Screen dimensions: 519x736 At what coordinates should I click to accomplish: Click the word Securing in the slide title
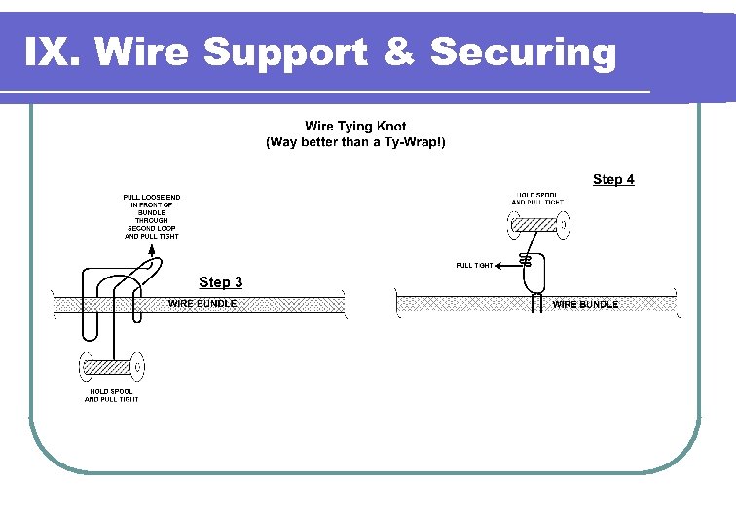pyautogui.click(x=523, y=52)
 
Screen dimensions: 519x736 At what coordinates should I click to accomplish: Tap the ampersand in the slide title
pyautogui.click(x=398, y=52)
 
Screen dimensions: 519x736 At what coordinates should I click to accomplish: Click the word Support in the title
pyautogui.click(x=286, y=52)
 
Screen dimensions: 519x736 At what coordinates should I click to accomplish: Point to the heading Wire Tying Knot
pyautogui.click(x=355, y=126)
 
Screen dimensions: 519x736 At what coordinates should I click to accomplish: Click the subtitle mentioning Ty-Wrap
pyautogui.click(x=355, y=142)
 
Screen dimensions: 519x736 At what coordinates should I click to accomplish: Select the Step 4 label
pyautogui.click(x=613, y=179)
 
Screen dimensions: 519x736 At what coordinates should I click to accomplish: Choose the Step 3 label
pyautogui.click(x=221, y=282)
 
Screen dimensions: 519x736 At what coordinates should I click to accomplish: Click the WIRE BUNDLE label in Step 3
pyautogui.click(x=202, y=304)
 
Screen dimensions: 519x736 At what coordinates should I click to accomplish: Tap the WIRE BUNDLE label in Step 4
pyautogui.click(x=584, y=304)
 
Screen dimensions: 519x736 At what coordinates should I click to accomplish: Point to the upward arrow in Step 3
pyautogui.click(x=151, y=249)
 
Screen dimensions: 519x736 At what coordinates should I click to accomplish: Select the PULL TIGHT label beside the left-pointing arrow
pyautogui.click(x=474, y=265)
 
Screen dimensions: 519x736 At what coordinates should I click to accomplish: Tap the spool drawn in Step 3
pyautogui.click(x=111, y=367)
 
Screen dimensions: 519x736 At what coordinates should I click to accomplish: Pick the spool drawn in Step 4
pyautogui.click(x=536, y=226)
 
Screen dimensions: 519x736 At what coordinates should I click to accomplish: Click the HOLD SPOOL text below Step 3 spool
pyautogui.click(x=111, y=395)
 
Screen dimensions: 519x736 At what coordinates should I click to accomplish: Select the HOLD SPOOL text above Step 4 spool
pyautogui.click(x=537, y=198)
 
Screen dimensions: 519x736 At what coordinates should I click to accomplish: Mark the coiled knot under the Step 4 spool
pyautogui.click(x=526, y=260)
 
